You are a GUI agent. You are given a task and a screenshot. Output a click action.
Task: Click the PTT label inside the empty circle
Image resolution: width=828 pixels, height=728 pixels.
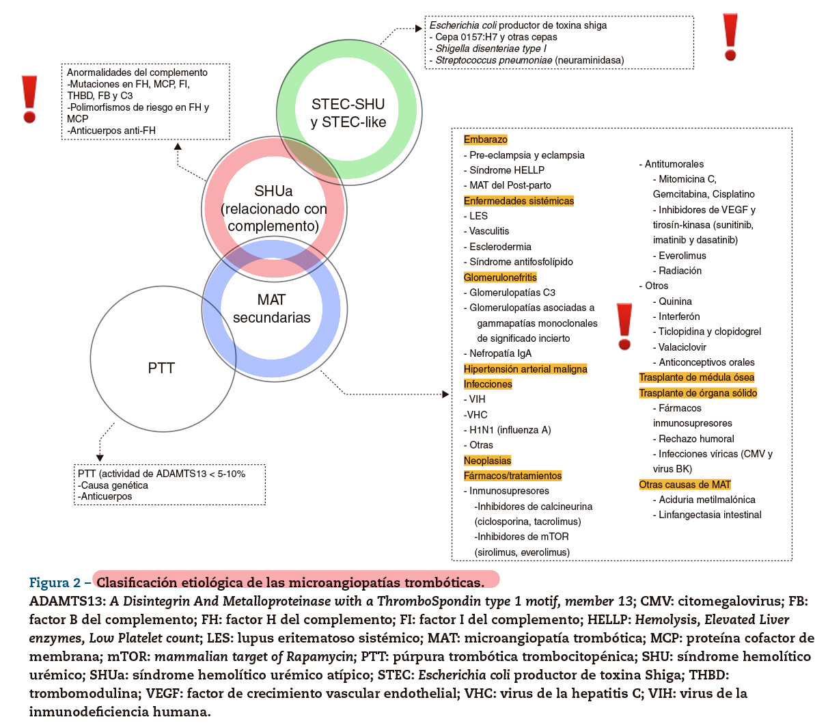161,368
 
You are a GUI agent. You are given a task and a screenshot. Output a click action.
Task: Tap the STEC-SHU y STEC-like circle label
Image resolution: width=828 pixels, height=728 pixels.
348,113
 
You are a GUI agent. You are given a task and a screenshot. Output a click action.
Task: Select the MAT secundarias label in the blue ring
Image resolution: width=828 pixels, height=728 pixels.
271,308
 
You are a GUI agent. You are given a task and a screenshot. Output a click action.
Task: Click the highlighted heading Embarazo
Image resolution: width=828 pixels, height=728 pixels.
485,139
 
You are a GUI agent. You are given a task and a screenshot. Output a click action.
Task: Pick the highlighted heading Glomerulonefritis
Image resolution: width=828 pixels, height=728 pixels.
500,278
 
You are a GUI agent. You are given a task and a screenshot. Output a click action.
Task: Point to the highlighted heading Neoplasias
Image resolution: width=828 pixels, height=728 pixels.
487,461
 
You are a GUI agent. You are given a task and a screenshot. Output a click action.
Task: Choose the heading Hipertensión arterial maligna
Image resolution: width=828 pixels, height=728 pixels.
525,369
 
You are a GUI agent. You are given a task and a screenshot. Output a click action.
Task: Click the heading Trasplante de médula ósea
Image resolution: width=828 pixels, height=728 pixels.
696,377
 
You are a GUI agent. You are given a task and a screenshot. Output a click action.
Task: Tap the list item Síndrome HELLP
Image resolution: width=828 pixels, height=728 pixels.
504,170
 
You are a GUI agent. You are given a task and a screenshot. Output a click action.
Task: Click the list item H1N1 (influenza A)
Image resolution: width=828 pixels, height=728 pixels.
507,430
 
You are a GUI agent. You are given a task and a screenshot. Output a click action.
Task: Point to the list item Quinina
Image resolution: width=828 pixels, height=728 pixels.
672,301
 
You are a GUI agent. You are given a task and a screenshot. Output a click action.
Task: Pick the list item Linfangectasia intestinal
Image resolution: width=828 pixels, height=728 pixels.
707,515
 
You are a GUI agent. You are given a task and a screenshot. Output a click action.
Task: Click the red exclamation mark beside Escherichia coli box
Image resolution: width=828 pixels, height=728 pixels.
730,37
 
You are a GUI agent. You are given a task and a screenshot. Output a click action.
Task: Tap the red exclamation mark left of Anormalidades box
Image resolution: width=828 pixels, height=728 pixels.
29,99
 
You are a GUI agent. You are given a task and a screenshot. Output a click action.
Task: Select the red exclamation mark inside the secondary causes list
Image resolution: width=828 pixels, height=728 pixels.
624,326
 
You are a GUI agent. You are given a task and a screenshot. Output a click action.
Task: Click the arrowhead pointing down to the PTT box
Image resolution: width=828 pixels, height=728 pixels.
100,458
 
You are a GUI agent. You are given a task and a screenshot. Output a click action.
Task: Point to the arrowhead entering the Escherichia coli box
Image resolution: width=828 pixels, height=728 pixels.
419,29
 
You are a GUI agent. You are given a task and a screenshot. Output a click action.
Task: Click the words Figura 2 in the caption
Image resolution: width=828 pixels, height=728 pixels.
55,582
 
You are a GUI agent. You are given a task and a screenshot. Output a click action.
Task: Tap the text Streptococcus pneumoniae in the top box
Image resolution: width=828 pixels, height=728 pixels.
494,60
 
